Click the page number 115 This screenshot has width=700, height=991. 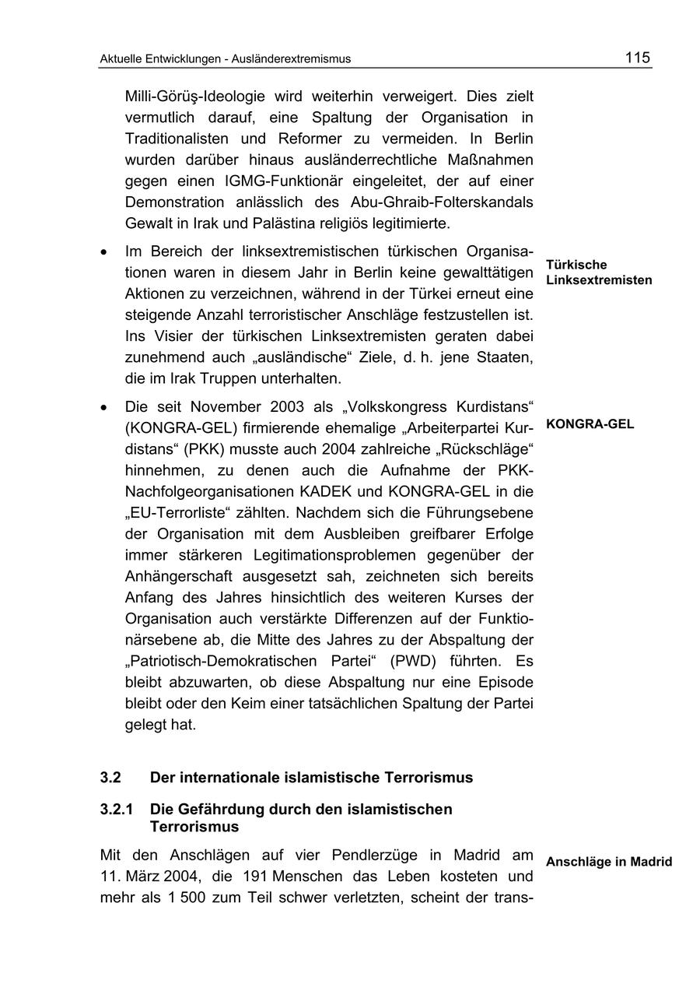[x=637, y=58]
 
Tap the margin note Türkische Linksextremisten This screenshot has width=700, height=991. [x=598, y=272]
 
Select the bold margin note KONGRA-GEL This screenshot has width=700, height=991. [x=590, y=424]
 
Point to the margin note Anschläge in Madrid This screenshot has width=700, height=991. [x=608, y=862]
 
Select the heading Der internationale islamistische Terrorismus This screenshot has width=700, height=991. [x=311, y=778]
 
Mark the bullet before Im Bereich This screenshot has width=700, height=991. [x=104, y=253]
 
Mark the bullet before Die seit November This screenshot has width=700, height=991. [x=104, y=407]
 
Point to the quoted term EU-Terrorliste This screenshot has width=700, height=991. [x=179, y=513]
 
